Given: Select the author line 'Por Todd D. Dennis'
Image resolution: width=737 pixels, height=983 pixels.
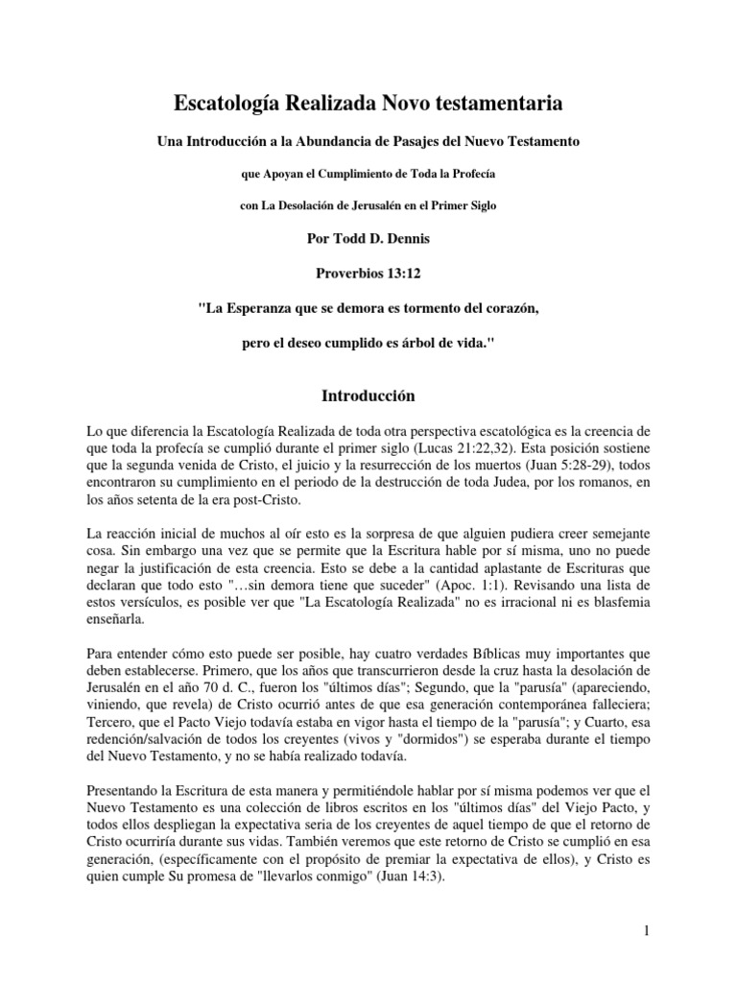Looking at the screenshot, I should tap(368, 238).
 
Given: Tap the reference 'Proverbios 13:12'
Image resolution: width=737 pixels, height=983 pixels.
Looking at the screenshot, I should tap(368, 273).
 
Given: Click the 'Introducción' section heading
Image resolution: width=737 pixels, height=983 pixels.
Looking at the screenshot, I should tap(368, 395).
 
